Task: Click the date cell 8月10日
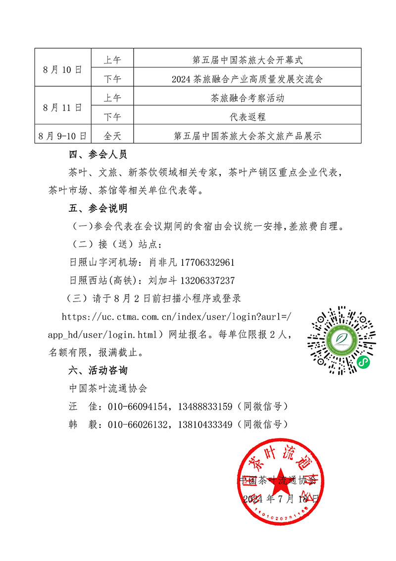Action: pos(62,69)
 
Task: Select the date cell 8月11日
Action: pos(62,107)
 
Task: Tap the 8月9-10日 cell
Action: pos(62,135)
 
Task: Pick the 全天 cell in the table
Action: pos(112,135)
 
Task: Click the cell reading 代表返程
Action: pos(247,117)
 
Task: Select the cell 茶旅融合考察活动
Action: pos(247,98)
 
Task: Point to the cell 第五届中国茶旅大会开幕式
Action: pos(247,61)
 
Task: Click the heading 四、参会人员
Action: pos(98,155)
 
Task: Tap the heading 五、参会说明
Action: pos(98,208)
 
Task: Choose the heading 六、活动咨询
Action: pos(98,370)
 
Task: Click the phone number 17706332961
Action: pos(208,262)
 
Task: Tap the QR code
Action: pos(341,340)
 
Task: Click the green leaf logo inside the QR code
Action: pos(341,339)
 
